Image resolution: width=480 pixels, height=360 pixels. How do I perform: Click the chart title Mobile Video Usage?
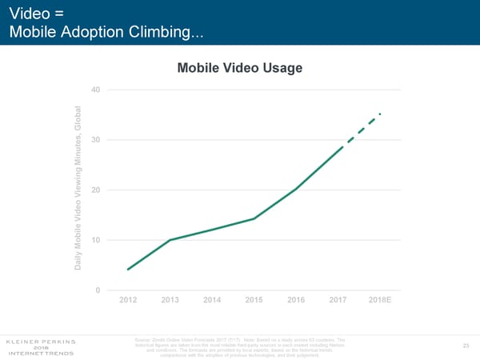pos(240,68)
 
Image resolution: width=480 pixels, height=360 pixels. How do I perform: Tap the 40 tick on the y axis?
pos(95,89)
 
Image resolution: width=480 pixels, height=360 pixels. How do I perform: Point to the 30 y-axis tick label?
pos(95,140)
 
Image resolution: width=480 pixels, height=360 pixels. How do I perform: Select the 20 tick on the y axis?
pos(95,190)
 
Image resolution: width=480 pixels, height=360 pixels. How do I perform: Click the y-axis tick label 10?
pos(95,240)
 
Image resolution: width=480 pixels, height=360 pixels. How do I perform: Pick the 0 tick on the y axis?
pos(98,290)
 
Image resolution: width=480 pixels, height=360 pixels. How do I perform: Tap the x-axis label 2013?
pos(170,300)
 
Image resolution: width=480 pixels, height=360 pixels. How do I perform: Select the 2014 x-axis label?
pos(212,300)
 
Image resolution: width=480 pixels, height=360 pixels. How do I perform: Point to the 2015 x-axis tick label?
pos(254,300)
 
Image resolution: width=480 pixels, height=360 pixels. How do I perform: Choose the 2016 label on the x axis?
pos(296,300)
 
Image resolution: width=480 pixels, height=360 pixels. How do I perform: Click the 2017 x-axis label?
pos(338,300)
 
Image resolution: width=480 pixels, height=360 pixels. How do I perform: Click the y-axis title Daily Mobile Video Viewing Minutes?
pos(78,189)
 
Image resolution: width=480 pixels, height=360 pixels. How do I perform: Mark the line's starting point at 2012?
pos(128,270)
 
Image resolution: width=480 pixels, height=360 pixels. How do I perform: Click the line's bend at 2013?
pos(170,240)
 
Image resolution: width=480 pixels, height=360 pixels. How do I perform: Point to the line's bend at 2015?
pos(254,218)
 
